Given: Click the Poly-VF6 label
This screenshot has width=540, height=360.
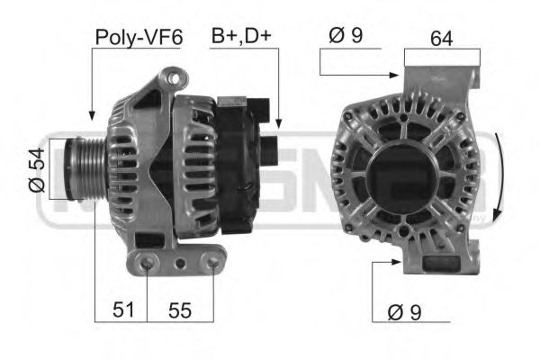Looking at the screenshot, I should pyautogui.click(x=138, y=37).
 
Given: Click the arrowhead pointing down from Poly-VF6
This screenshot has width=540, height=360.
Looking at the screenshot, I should pyautogui.click(x=92, y=115).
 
